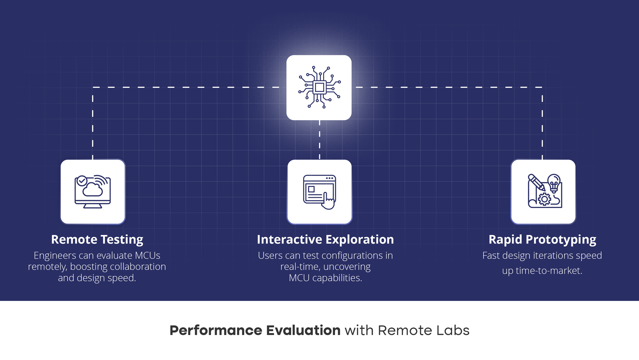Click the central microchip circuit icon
coord(319,88)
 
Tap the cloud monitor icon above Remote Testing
coord(93,192)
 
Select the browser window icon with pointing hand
coord(319,192)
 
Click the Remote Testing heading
coord(97,240)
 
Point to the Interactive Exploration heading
coord(325,240)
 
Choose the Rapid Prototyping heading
coord(542,240)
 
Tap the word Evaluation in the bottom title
coord(303,330)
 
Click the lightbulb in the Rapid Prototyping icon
coord(554,183)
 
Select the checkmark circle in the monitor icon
coord(82,181)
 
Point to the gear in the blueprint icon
coord(544,199)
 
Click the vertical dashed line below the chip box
coord(319,140)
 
